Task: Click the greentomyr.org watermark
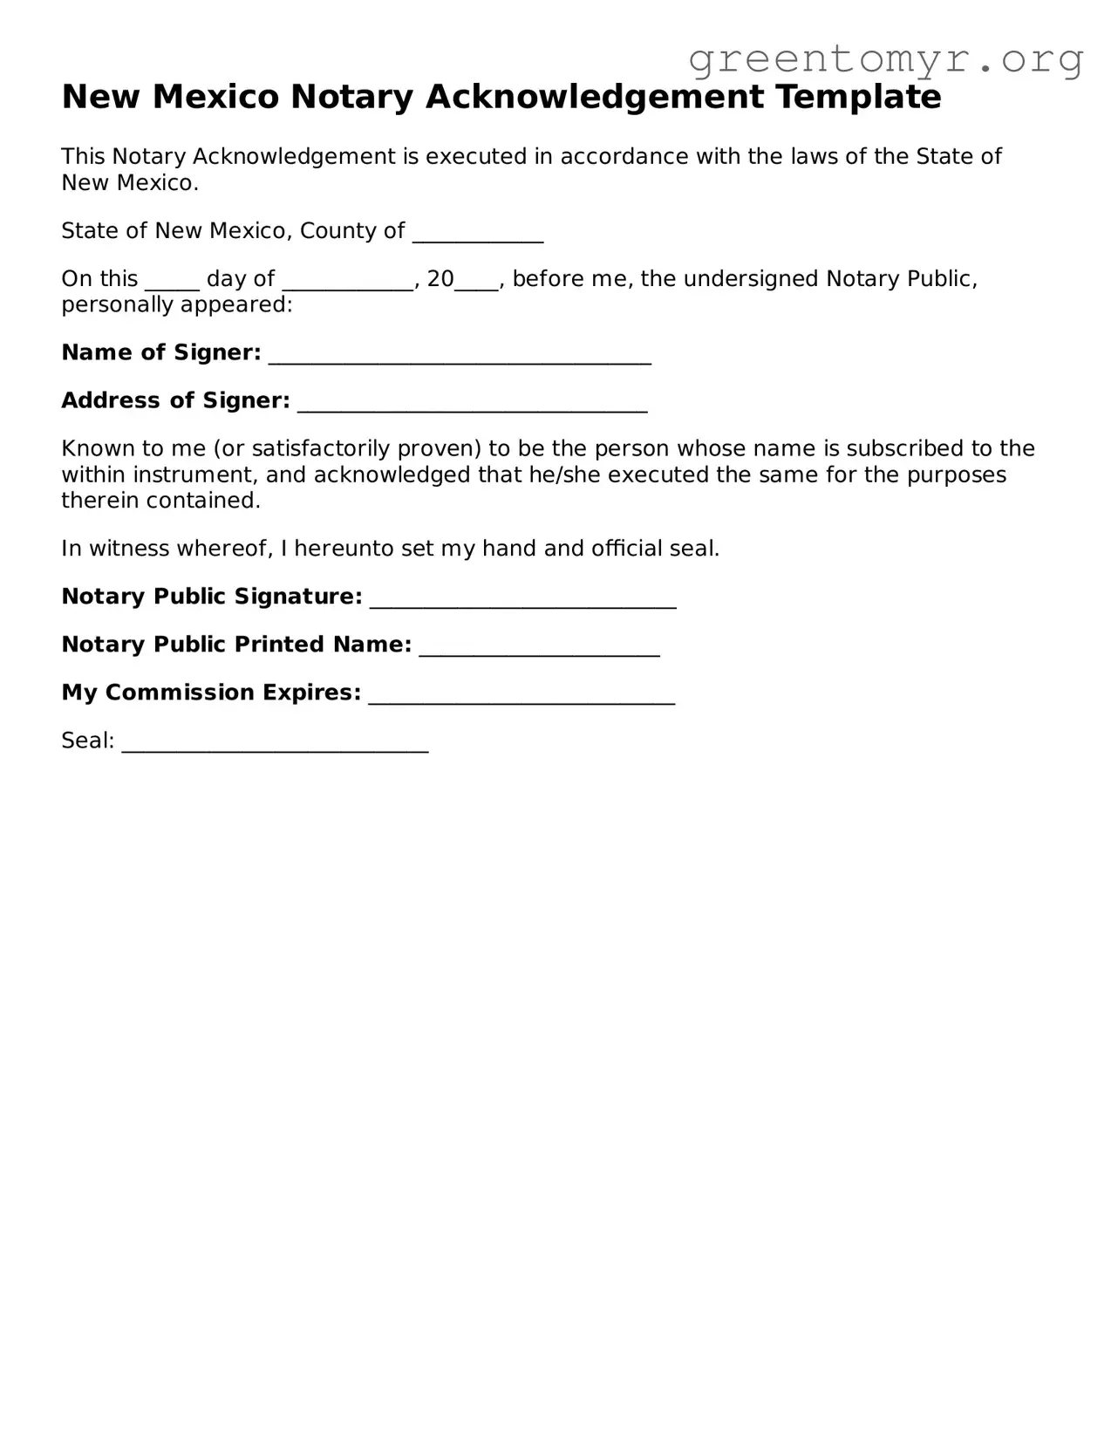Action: click(x=885, y=59)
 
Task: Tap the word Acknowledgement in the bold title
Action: click(x=594, y=97)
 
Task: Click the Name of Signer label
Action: click(x=160, y=352)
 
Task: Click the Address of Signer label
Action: click(x=175, y=400)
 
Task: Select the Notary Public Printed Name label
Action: click(x=235, y=645)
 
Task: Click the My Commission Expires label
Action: click(x=210, y=693)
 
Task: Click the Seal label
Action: click(x=87, y=741)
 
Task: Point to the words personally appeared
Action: click(x=176, y=304)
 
